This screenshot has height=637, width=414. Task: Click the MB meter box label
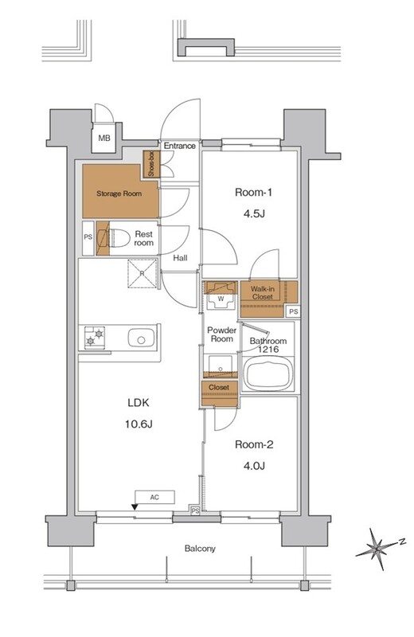click(x=104, y=138)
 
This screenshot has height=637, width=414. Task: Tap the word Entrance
click(x=180, y=146)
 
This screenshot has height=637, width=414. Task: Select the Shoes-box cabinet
click(x=151, y=164)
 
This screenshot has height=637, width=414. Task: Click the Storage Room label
click(x=119, y=193)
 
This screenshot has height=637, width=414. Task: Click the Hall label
click(x=180, y=257)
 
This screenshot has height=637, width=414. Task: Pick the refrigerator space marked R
click(x=143, y=273)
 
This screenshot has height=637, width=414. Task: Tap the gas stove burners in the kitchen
click(x=95, y=337)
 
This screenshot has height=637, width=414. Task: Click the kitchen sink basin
click(x=142, y=338)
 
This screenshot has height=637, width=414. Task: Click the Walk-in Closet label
click(x=263, y=293)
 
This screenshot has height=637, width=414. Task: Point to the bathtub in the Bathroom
click(x=268, y=374)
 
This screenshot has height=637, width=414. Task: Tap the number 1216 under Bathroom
click(x=268, y=350)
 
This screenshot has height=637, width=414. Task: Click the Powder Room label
click(x=222, y=334)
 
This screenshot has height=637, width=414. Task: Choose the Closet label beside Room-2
click(x=219, y=387)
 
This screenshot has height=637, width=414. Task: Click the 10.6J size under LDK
click(x=139, y=424)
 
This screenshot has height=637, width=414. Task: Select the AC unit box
click(x=154, y=497)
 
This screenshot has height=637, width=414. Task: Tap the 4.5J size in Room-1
click(x=254, y=213)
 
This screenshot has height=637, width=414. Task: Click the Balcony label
click(x=200, y=549)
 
